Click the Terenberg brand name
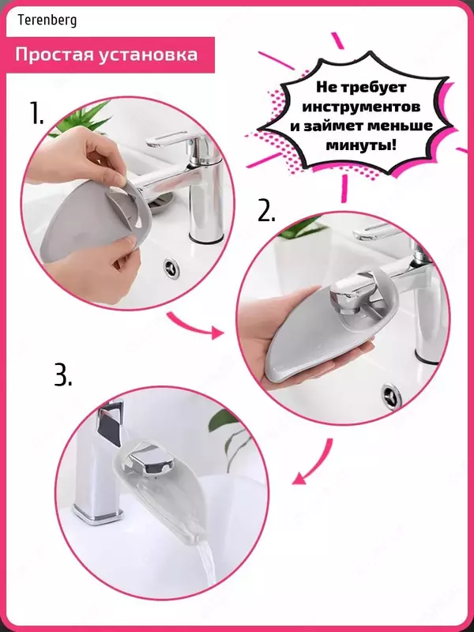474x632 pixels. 47,21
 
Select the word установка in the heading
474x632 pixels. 146,55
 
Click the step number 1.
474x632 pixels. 36,113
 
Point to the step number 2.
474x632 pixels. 266,210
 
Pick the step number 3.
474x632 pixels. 63,376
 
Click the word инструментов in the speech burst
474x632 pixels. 362,107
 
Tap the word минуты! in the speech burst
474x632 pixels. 362,145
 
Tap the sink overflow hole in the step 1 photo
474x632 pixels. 171,267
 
